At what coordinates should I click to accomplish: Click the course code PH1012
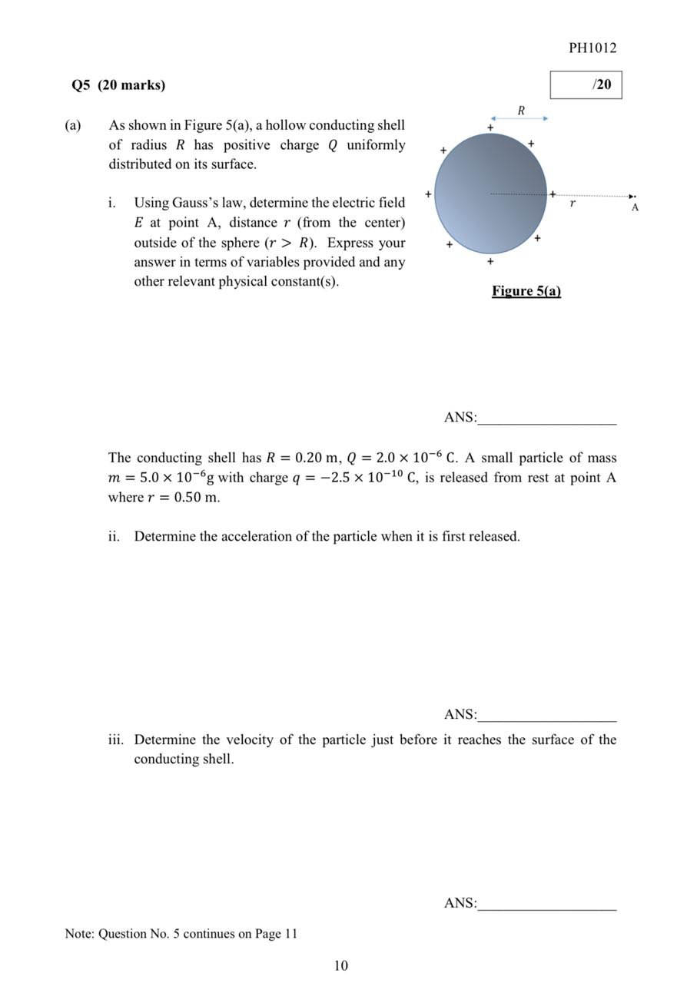point(592,48)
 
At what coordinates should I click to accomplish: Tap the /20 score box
point(585,84)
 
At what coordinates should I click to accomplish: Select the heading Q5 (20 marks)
point(118,84)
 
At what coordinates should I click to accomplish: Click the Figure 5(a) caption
point(526,290)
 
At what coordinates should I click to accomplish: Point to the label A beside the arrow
point(635,207)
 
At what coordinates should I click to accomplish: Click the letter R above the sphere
point(521,110)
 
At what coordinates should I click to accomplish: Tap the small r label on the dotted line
point(572,204)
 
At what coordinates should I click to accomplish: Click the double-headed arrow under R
point(519,118)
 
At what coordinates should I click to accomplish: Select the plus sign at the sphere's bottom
point(490,262)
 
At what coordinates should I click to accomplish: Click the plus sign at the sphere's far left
point(428,194)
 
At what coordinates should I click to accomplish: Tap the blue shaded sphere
point(490,194)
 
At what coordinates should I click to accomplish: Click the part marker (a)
point(73,125)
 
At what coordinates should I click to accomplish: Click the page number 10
point(341,965)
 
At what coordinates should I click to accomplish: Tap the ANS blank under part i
point(546,418)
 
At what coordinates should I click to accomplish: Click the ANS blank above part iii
point(546,715)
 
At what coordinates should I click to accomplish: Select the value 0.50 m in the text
point(197,498)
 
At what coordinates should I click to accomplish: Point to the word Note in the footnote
point(79,934)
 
